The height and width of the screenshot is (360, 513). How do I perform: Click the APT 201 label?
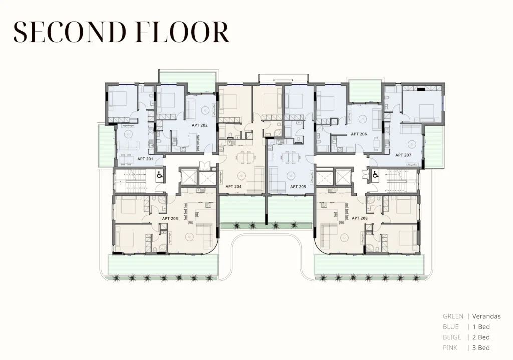tap(145, 159)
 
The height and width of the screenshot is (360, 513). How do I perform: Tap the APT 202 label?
tap(199, 125)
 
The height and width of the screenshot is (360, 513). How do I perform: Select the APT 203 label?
tap(170, 218)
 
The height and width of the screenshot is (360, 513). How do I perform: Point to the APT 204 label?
tap(233, 187)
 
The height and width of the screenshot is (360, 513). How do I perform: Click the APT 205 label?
tap(298, 187)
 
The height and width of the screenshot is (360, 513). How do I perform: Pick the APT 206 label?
tap(359, 134)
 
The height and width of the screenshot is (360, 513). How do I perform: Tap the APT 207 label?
tap(403, 155)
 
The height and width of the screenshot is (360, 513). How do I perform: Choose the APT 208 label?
tap(360, 218)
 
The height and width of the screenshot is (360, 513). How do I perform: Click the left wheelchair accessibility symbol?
tap(160, 175)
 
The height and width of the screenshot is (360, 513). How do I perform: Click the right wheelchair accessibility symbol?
tap(375, 176)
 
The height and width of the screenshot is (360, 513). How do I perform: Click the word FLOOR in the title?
tap(182, 32)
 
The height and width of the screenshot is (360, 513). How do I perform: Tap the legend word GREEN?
tap(453, 316)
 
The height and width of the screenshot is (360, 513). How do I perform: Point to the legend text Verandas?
tap(486, 316)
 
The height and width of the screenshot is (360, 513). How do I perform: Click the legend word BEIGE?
tap(452, 337)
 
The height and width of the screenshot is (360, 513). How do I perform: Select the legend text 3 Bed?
tap(481, 348)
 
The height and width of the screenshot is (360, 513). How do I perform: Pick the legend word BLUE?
tap(451, 327)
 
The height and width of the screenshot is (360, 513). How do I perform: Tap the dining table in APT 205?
tap(291, 158)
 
